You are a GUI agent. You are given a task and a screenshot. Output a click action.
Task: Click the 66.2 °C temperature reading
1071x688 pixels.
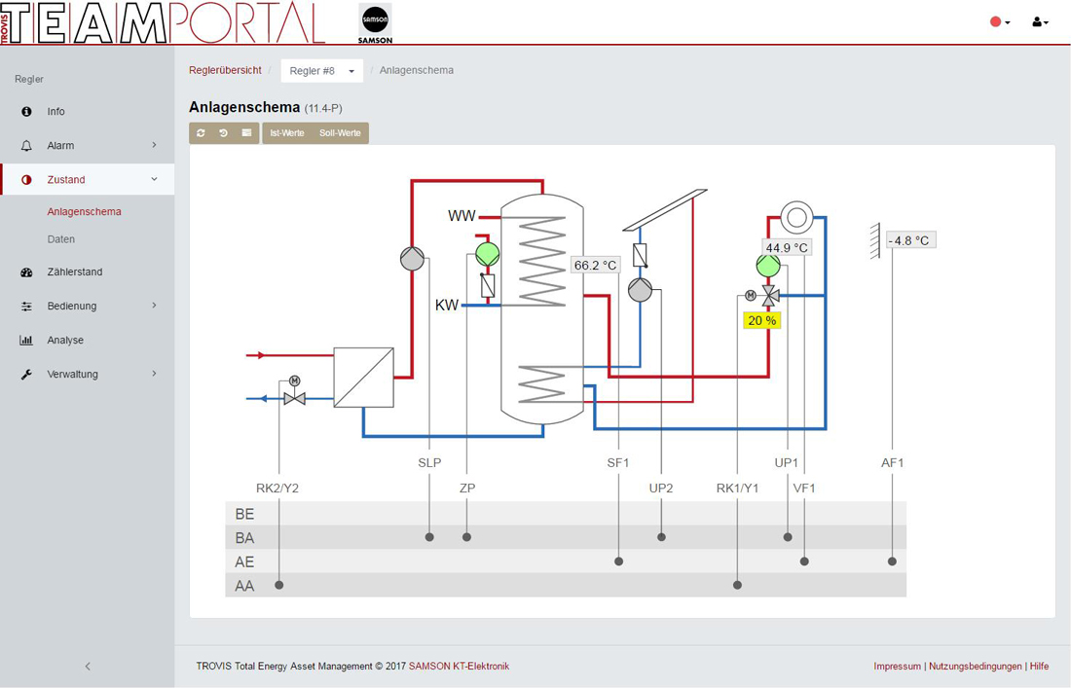tap(596, 265)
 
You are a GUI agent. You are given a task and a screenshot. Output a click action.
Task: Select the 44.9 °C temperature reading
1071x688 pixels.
tap(787, 247)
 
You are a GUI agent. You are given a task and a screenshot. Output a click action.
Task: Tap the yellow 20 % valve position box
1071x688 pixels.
tap(761, 320)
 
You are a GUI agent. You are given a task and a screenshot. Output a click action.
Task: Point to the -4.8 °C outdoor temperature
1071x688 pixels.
tap(911, 240)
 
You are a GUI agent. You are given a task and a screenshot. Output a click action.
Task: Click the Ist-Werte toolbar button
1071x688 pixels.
tap(287, 133)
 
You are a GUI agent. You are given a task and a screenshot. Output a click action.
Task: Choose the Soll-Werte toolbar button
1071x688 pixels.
tap(340, 133)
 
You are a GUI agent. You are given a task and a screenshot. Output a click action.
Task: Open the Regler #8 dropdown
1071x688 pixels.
tap(321, 71)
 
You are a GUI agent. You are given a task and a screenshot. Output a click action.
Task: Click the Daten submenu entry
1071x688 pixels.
tap(60, 238)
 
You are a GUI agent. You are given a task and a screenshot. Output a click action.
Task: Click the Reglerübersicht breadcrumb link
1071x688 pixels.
tap(226, 70)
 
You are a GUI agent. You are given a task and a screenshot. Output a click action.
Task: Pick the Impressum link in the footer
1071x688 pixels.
tap(897, 667)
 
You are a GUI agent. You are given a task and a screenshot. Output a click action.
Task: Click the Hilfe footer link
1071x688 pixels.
tap(1040, 667)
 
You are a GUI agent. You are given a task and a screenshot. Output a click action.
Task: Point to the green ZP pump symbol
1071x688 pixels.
tap(488, 254)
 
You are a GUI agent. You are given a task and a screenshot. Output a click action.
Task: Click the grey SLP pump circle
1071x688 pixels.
tap(413, 259)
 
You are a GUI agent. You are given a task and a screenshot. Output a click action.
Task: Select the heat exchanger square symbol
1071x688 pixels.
tap(363, 378)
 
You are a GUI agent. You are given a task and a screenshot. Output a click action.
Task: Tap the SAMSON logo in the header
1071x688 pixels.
tap(375, 23)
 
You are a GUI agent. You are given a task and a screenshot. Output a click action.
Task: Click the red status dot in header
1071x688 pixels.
tap(995, 21)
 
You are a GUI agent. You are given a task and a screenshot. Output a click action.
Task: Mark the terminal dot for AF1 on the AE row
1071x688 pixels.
tap(892, 561)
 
